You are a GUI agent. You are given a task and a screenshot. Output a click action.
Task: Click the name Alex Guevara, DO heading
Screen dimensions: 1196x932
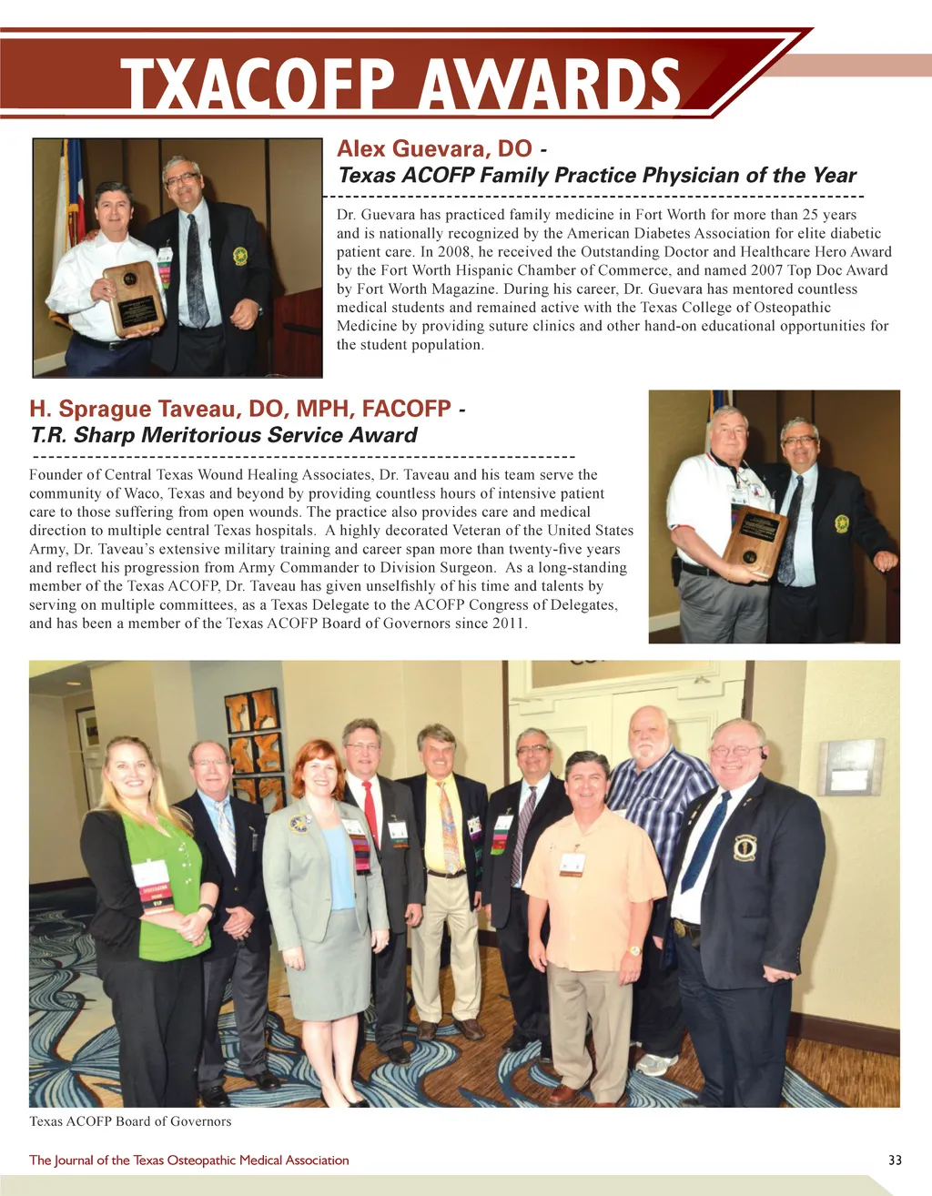[x=434, y=148]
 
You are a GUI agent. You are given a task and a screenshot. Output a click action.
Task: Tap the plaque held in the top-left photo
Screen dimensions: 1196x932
[x=133, y=298]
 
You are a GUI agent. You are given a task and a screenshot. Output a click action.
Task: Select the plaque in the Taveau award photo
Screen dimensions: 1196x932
[x=755, y=542]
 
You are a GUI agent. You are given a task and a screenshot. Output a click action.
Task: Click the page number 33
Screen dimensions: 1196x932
[x=895, y=1160]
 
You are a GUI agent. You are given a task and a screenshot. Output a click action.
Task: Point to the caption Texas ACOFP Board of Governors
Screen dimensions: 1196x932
[x=130, y=1120]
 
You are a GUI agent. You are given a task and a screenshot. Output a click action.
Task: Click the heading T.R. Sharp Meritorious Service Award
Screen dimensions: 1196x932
[x=224, y=435]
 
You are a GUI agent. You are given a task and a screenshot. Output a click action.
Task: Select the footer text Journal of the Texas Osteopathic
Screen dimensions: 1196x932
[x=189, y=1160]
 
